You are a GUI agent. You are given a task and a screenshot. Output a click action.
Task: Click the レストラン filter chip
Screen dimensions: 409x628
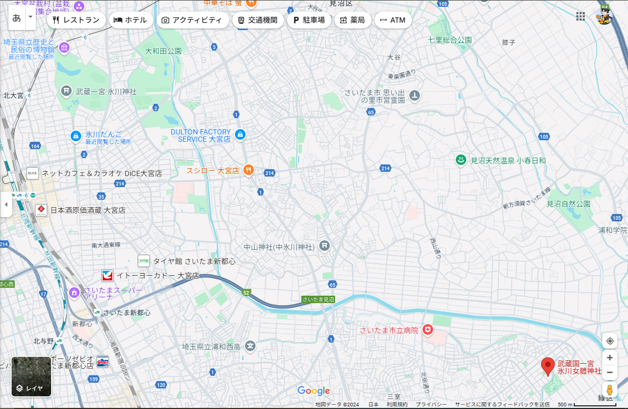click(x=76, y=20)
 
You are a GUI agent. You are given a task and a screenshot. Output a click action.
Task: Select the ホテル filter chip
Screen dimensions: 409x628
click(x=131, y=20)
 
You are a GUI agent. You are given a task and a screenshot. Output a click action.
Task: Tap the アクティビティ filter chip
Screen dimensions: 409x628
click(x=192, y=20)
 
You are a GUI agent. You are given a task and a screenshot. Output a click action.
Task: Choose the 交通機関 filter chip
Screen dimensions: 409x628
click(x=258, y=20)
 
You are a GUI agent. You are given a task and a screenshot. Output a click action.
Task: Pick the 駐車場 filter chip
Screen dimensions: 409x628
click(x=309, y=20)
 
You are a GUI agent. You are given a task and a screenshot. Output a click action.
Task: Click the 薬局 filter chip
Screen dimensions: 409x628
click(x=352, y=20)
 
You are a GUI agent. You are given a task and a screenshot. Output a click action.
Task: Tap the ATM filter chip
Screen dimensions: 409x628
click(x=392, y=20)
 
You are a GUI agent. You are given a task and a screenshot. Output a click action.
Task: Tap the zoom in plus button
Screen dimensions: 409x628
click(x=610, y=357)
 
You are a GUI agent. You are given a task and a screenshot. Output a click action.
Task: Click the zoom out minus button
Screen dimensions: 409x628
click(x=610, y=372)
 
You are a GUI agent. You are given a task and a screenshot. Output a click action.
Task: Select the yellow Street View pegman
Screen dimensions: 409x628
click(x=610, y=390)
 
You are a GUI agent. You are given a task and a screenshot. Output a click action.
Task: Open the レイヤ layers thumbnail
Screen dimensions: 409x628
click(x=31, y=377)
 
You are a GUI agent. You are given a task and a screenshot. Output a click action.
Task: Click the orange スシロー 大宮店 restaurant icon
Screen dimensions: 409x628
click(x=249, y=170)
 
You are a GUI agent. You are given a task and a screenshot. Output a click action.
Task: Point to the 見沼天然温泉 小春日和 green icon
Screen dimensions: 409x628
click(x=461, y=160)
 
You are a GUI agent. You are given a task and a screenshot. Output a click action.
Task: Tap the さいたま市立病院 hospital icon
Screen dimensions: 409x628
click(x=428, y=330)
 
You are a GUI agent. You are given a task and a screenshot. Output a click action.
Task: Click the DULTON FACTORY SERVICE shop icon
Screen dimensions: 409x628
click(x=240, y=135)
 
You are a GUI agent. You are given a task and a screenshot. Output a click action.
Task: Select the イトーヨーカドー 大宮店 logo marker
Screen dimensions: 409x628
click(x=107, y=275)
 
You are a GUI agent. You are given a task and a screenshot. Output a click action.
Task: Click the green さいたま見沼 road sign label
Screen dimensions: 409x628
click(x=318, y=299)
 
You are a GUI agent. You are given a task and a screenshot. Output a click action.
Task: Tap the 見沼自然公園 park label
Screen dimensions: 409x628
click(x=568, y=203)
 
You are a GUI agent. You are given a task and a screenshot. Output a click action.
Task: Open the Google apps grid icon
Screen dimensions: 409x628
click(x=581, y=16)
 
